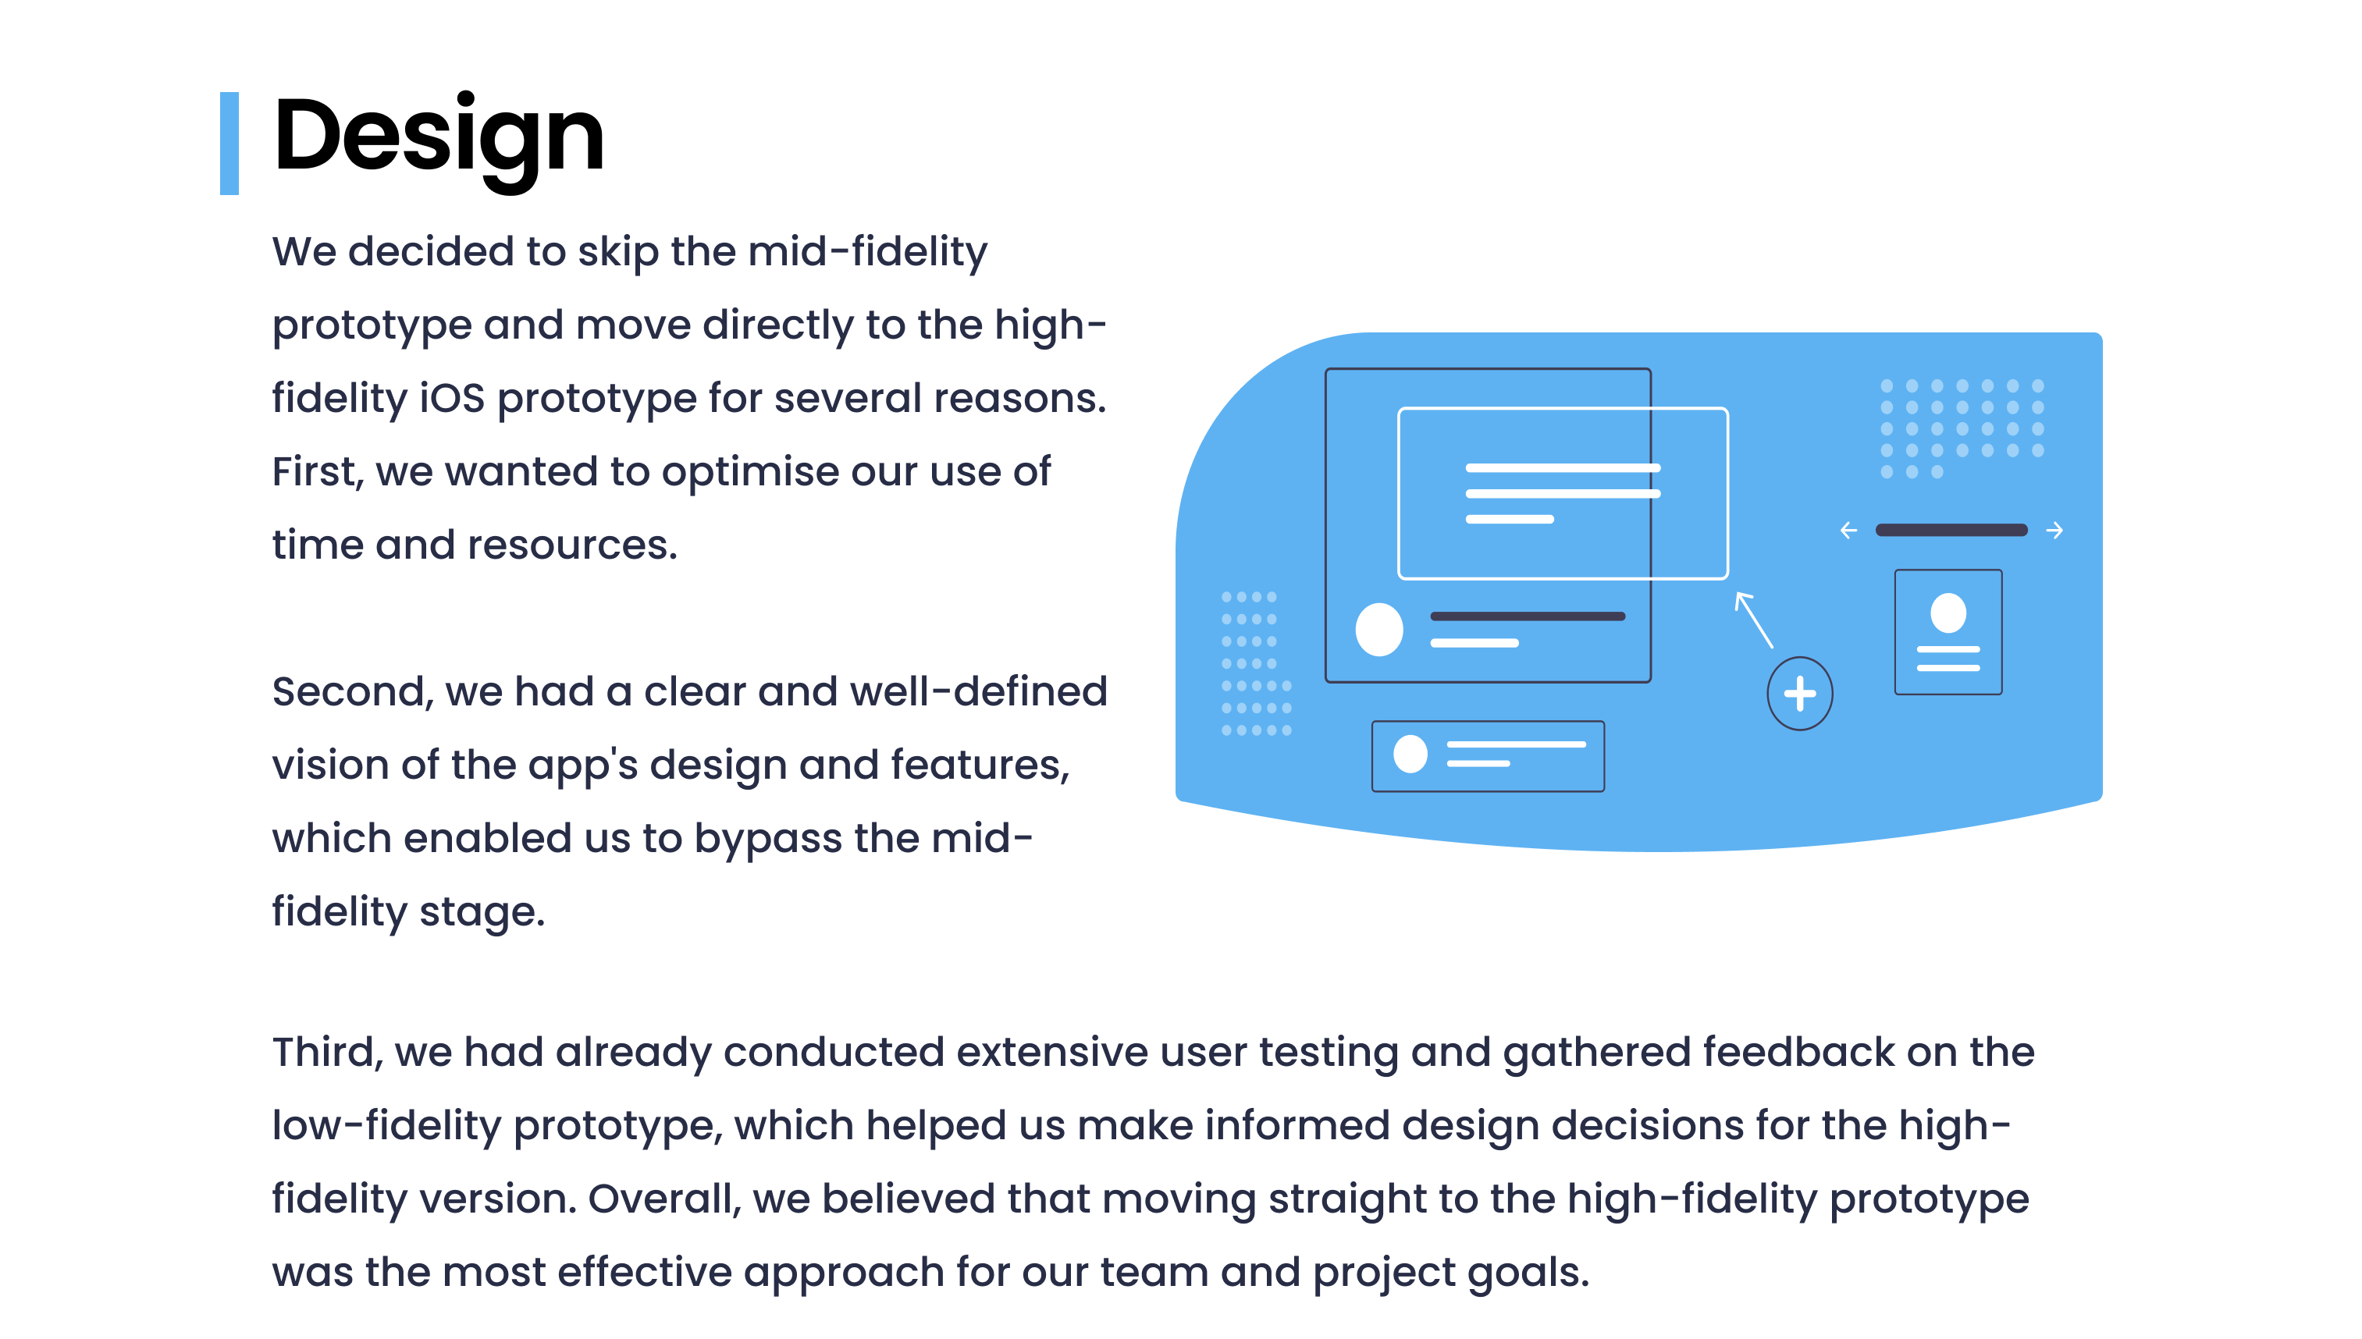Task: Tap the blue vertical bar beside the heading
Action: coord(229,144)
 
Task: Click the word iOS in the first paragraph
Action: coord(452,398)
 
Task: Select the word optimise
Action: coord(749,472)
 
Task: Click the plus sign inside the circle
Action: coord(1800,694)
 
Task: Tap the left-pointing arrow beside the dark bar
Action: coord(1848,531)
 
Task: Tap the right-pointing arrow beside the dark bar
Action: coord(2054,531)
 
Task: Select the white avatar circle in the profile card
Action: coord(1948,613)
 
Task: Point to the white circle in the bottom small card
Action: coord(1410,754)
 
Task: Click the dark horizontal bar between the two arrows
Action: coord(1951,530)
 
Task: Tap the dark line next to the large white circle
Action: coord(1528,616)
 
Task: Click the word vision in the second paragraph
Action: coord(330,765)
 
